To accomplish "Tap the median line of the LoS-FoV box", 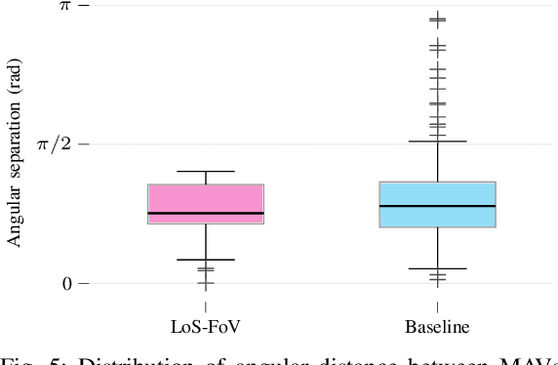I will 206,213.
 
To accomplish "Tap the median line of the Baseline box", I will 437,206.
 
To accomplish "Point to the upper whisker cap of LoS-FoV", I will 206,172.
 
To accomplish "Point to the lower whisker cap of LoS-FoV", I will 206,260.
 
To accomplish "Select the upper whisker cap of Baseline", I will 437,142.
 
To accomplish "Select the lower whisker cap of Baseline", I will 437,268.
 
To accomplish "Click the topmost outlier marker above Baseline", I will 437,18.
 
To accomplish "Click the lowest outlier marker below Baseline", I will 437,280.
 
